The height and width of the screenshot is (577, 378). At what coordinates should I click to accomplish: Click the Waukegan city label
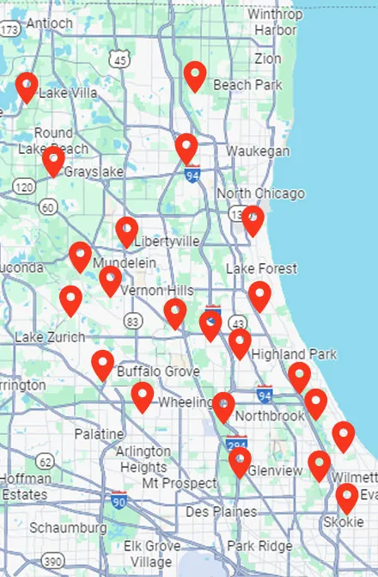tap(258, 151)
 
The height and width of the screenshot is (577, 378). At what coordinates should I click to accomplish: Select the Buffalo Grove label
tap(158, 371)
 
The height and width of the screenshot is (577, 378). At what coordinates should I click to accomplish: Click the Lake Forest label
tap(261, 269)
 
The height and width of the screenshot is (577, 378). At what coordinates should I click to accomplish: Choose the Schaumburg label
tap(68, 526)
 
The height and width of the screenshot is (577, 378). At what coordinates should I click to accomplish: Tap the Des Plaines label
tap(221, 512)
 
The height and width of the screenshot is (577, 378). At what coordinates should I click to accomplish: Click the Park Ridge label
tap(259, 546)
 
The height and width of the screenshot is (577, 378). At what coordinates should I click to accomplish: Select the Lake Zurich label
tap(45, 335)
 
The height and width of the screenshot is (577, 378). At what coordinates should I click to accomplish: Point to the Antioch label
tap(50, 23)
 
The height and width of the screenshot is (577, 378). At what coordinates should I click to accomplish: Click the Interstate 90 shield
tap(119, 500)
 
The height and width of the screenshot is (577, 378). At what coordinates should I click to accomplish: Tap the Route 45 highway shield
tap(120, 58)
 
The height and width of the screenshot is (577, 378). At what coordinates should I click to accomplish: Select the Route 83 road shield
tap(132, 321)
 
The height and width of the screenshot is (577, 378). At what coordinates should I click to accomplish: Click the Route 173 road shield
tap(9, 30)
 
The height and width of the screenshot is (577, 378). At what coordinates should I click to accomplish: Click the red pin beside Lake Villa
tap(27, 86)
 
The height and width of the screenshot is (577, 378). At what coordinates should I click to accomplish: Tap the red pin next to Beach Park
tap(196, 76)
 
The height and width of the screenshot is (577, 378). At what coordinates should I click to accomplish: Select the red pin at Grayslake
tap(53, 160)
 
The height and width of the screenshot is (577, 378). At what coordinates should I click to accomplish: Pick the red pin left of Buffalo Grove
tap(102, 364)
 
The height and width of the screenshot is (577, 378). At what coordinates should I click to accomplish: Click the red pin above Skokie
tap(346, 497)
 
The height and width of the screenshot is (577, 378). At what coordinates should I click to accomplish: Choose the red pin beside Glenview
tap(240, 462)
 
